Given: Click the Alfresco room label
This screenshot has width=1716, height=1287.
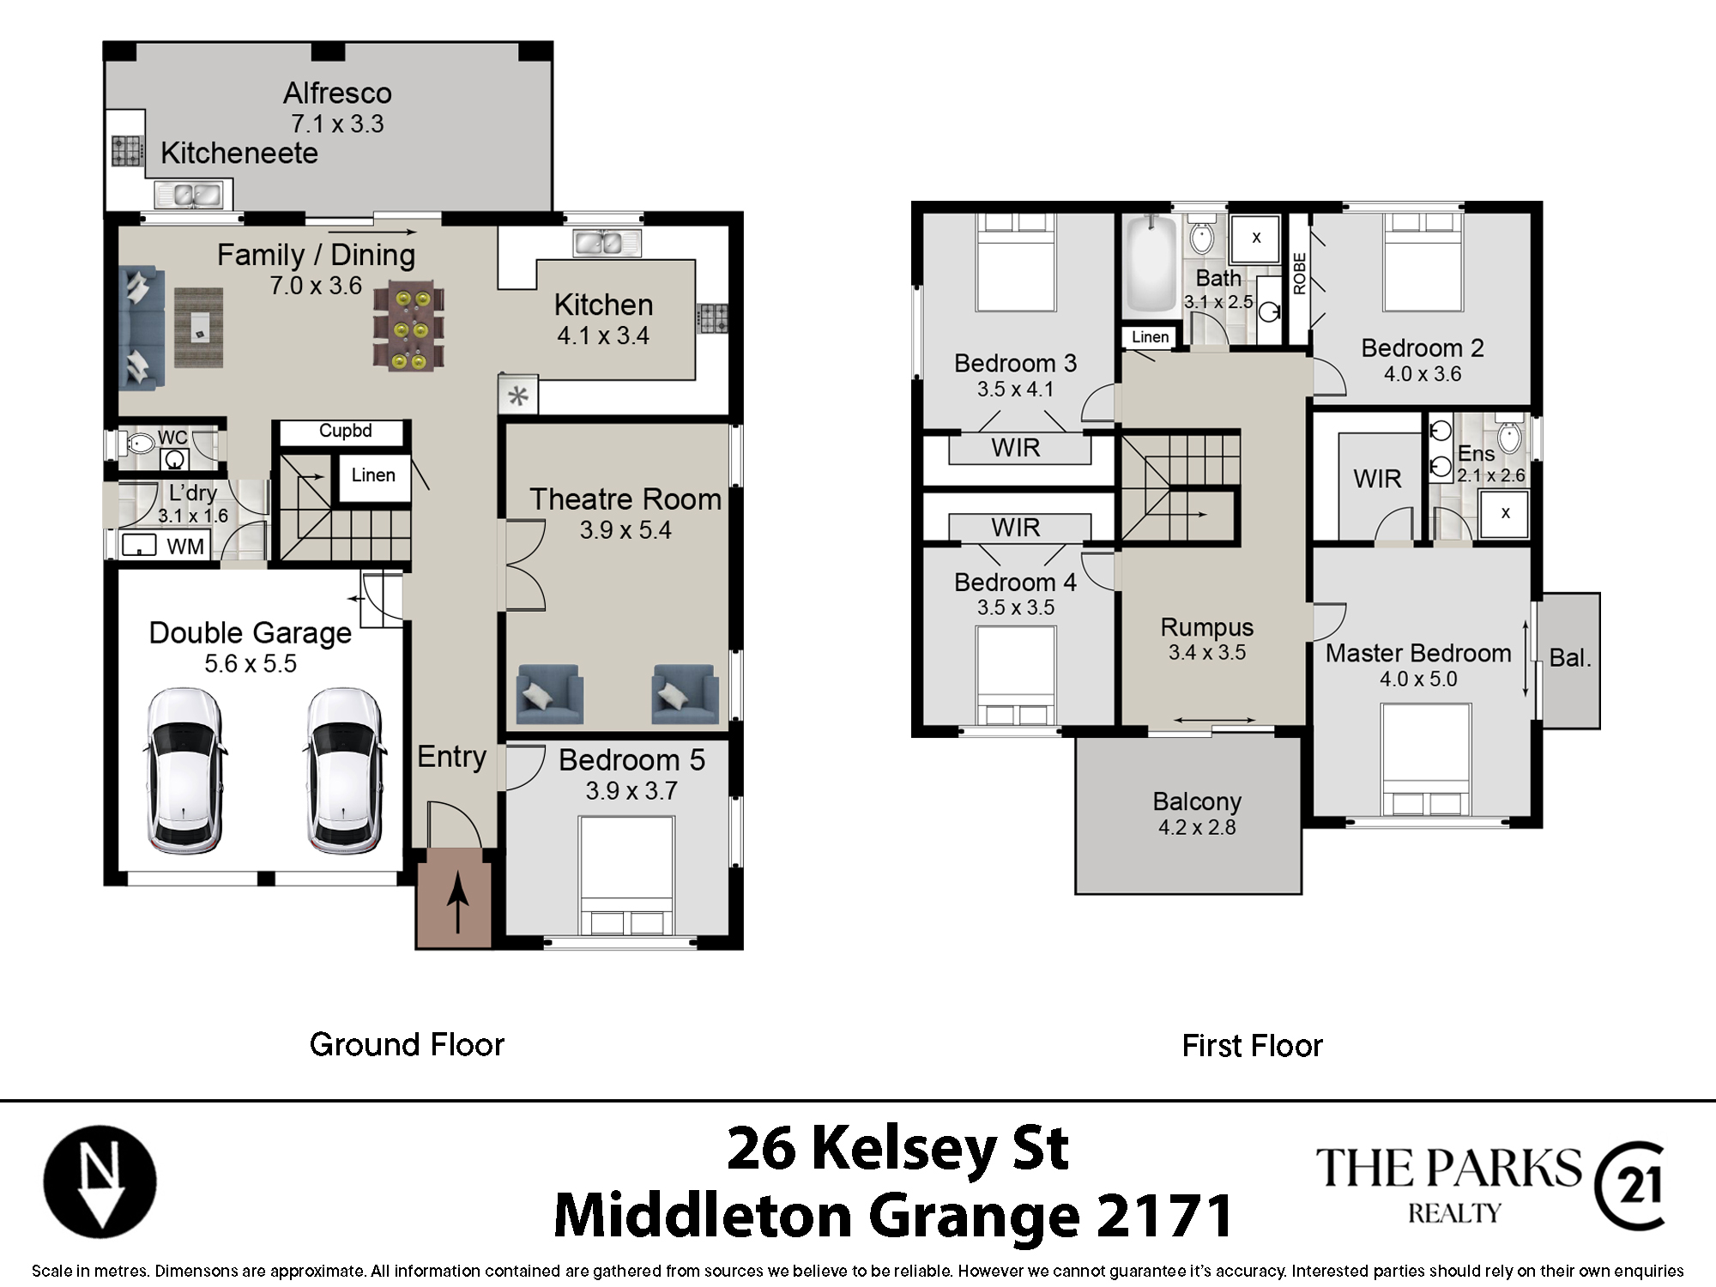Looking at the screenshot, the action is pos(337,93).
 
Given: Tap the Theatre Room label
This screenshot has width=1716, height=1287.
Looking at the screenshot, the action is pos(625,499).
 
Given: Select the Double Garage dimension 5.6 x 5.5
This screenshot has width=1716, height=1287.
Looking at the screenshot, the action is pos(251,663).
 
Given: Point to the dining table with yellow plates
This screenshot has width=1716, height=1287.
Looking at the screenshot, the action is pos(409,328).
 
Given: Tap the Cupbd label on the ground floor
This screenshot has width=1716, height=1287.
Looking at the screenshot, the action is pos(346,431).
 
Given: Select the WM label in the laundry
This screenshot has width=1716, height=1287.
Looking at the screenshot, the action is pos(185,547).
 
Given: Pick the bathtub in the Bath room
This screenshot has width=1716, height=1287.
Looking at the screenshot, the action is pos(1151,264).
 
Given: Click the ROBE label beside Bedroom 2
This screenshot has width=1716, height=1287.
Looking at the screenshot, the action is pos(1299,274).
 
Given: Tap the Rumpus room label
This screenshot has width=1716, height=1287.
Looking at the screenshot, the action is pos(1207,627).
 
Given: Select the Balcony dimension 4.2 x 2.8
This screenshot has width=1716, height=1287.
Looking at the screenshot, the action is pos(1197,827).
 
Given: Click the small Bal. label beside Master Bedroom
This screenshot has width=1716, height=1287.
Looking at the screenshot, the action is pos(1570,658).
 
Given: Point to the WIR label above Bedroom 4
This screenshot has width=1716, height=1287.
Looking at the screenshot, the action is pos(1016,527).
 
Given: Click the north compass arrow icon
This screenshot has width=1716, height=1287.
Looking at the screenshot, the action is pos(100,1181).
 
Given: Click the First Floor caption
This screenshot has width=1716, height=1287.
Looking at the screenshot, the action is pos(1252,1046).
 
